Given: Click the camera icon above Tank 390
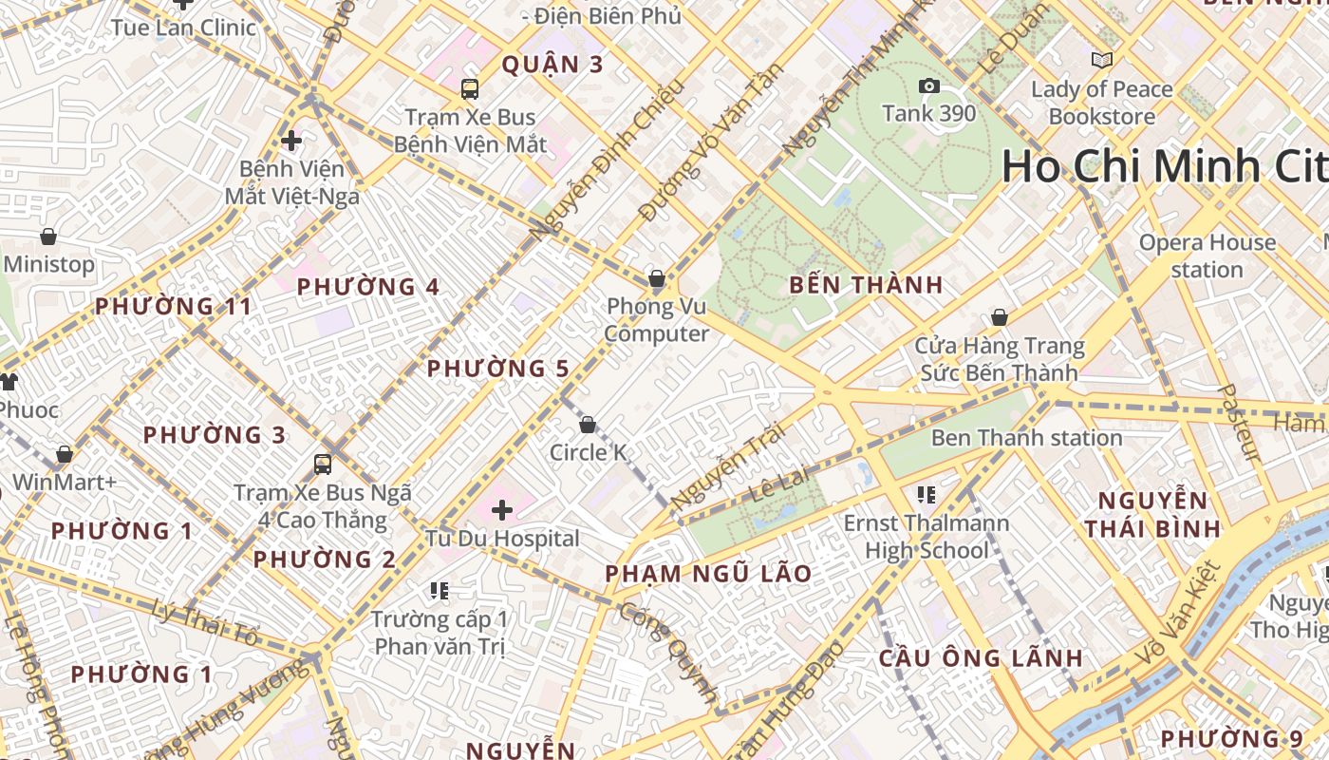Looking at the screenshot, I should pos(929,86).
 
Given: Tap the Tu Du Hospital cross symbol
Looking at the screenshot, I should pos(502,511).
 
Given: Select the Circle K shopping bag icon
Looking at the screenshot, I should pos(588,425).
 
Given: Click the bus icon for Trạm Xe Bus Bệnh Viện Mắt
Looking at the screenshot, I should pos(469,89).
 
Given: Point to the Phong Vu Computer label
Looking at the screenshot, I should pos(657,320).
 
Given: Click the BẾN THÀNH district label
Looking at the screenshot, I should pos(866,285).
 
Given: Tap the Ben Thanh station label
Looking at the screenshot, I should pos(1026,438).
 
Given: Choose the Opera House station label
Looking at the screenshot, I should pos(1207,256).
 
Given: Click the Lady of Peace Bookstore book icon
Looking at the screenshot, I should pos(1101,61).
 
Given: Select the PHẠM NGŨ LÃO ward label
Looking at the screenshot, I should pos(708,574).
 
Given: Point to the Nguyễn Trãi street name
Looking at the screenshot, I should pos(728,465).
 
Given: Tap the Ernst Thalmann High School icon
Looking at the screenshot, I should pos(927,494).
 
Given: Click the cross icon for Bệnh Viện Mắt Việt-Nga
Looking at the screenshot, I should pos(291,141).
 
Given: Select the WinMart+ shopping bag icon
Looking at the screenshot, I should pos(65,454).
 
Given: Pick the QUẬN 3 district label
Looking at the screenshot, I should pos(552,65).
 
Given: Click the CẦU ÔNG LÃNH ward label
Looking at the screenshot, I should pos(981,657).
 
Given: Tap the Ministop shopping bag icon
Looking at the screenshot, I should pos(48,237).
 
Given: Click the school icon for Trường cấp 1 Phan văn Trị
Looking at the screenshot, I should pos(439,591).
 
